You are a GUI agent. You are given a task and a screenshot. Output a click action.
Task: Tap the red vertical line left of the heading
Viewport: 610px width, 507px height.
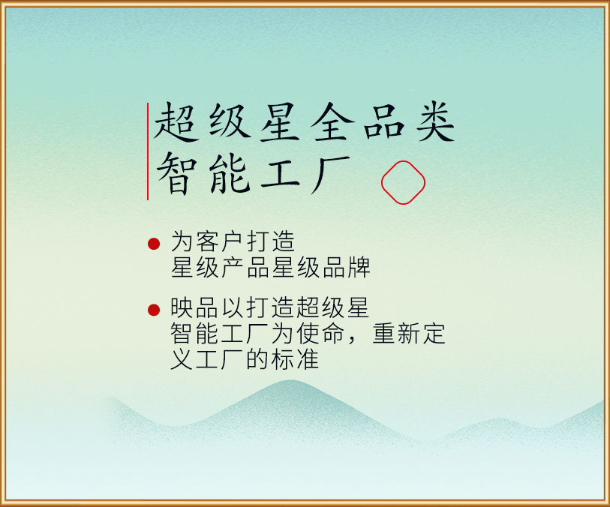click(148, 151)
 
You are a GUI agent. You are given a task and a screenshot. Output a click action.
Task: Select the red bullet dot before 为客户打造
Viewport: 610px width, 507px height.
click(154, 244)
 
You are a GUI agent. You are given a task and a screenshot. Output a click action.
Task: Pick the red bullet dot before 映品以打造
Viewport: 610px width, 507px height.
click(154, 310)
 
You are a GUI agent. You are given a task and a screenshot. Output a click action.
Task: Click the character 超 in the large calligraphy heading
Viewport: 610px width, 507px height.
click(175, 122)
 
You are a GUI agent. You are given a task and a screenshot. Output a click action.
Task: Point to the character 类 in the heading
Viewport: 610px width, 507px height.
click(435, 122)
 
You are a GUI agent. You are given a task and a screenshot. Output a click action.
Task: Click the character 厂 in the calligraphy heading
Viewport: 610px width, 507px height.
click(331, 175)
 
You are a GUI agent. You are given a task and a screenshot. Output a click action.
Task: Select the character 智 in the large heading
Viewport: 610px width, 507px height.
click(176, 173)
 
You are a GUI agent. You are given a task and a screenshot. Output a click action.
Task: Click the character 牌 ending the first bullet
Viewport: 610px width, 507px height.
click(359, 267)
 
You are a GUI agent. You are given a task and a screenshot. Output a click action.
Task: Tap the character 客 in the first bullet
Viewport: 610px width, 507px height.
click(207, 241)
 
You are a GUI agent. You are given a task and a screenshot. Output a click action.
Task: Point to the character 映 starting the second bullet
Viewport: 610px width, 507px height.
click(182, 307)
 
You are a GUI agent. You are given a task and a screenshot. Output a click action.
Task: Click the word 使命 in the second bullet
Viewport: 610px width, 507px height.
click(321, 333)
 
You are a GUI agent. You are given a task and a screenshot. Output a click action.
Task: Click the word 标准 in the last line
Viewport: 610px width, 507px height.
click(295, 358)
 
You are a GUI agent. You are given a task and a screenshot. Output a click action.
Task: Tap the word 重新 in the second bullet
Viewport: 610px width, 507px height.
click(396, 333)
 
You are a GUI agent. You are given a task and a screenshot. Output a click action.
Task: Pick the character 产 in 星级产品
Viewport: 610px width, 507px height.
click(233, 267)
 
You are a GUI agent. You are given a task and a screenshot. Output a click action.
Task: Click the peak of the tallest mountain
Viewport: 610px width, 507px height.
click(286, 382)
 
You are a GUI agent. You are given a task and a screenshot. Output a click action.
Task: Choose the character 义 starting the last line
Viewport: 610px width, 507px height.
click(182, 358)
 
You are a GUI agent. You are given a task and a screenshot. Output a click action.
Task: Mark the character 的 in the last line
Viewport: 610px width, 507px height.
click(257, 358)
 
